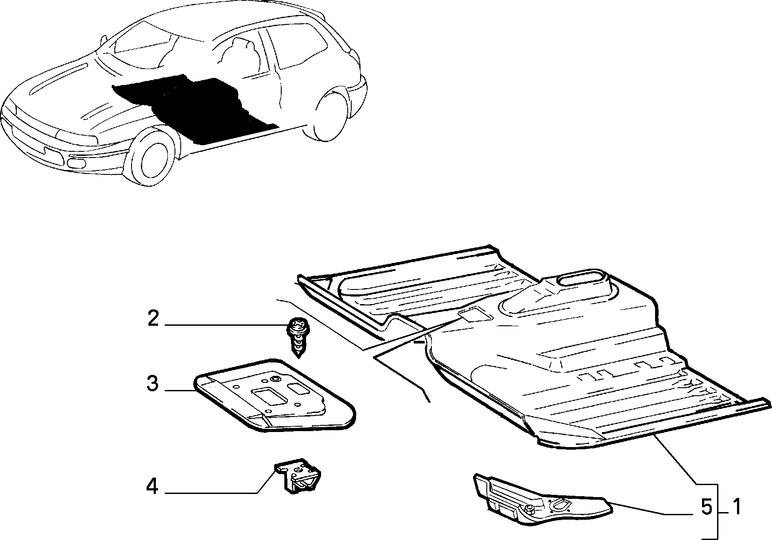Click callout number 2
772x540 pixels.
point(153,318)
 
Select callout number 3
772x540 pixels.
point(152,383)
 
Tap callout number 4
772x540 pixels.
point(152,487)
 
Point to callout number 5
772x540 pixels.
point(707,507)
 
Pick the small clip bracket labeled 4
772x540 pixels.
point(299,475)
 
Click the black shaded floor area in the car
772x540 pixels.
point(195,106)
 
